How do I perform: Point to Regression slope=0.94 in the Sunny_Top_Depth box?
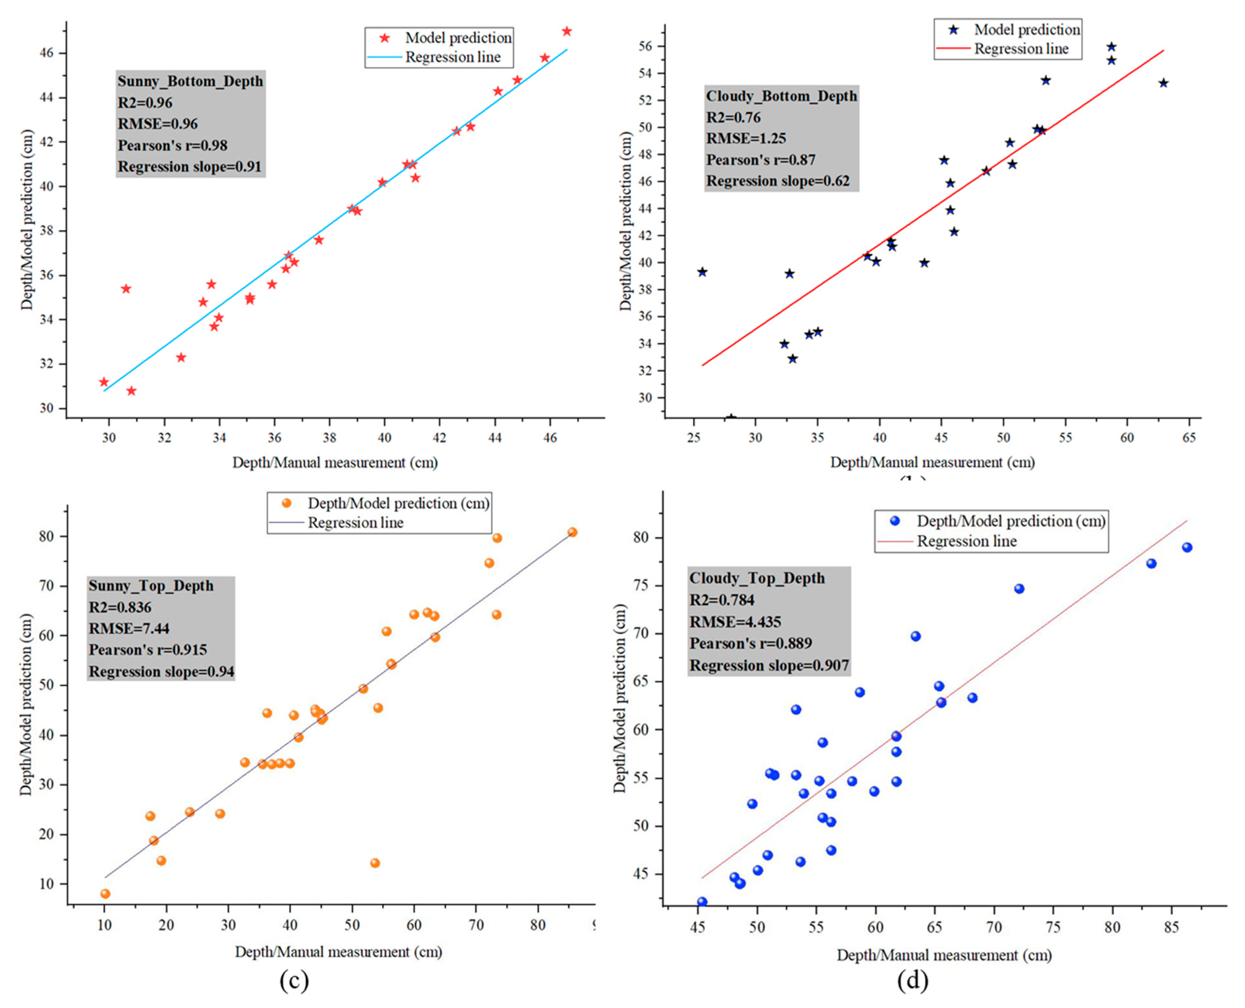(x=161, y=671)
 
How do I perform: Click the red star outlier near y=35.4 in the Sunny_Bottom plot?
(x=126, y=289)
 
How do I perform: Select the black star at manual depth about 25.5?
(x=702, y=272)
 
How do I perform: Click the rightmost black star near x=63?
(x=1163, y=83)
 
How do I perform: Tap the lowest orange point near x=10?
(x=105, y=894)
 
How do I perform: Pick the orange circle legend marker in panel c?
(x=286, y=503)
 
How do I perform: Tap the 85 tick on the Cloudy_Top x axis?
(x=1172, y=927)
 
